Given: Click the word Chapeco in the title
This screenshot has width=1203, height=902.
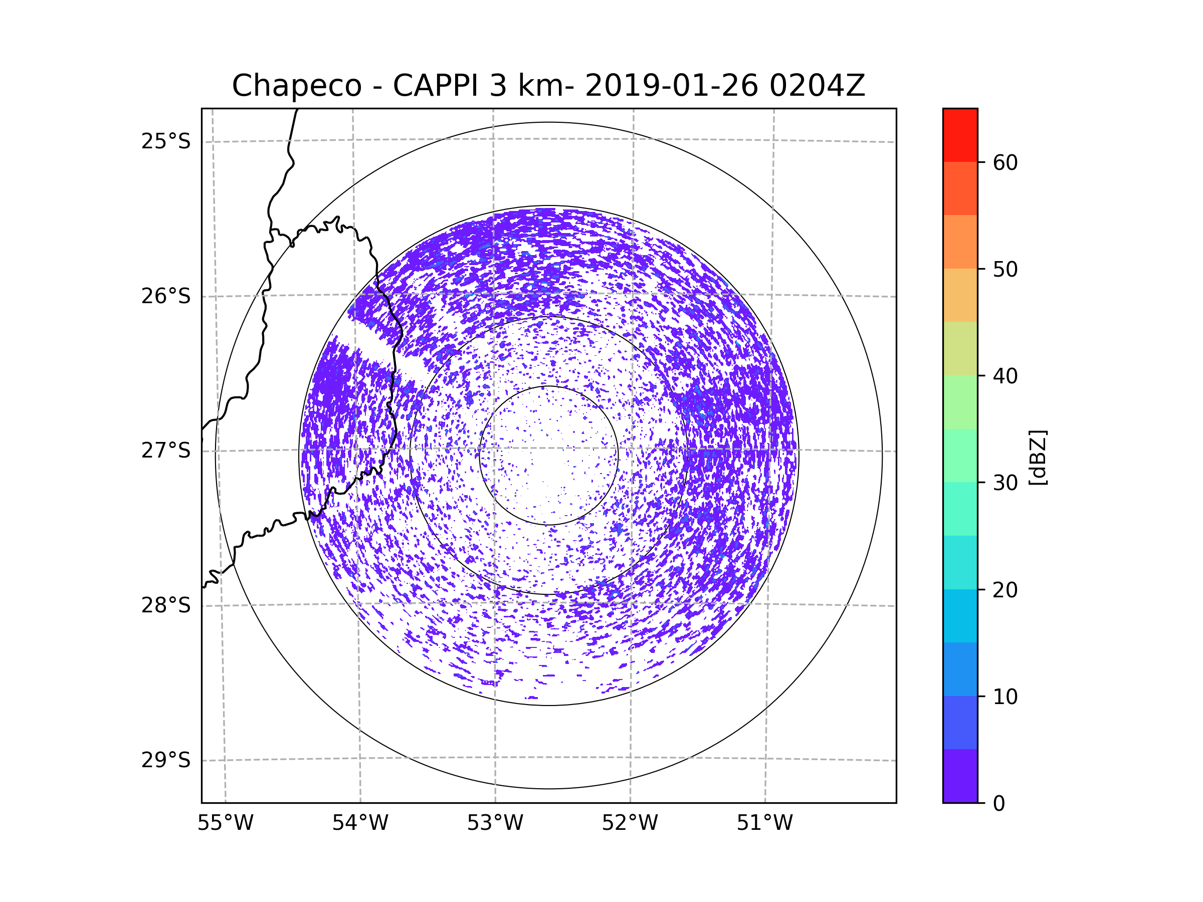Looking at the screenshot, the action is tap(297, 86).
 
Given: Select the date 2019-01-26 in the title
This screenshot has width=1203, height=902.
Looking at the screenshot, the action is tap(671, 85).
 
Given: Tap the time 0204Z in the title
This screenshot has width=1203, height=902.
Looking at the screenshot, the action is tap(817, 85).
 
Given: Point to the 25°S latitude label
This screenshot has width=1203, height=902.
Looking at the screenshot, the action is tap(166, 141).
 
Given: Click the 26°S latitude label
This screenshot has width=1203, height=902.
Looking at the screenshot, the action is tap(166, 296).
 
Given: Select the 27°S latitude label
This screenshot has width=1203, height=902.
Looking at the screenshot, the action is tap(166, 450).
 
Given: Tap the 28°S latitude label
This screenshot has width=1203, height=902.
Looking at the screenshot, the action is tap(166, 605).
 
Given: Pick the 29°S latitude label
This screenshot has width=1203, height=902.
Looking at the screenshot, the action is tap(166, 760).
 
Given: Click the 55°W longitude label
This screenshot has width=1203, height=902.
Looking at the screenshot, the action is tap(225, 823).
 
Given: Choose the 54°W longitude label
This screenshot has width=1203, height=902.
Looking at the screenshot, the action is tap(360, 823).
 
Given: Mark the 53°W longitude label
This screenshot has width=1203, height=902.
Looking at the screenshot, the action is tap(495, 823).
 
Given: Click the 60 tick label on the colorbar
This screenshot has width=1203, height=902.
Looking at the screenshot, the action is tap(1005, 162).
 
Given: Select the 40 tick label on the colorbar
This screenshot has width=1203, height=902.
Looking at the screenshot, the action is tap(1005, 376).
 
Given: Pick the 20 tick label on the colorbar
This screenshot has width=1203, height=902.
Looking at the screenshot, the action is tap(1005, 590).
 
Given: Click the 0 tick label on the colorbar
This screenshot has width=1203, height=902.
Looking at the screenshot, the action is tap(999, 804).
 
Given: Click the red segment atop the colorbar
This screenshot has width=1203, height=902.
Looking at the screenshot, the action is tap(960, 135).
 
